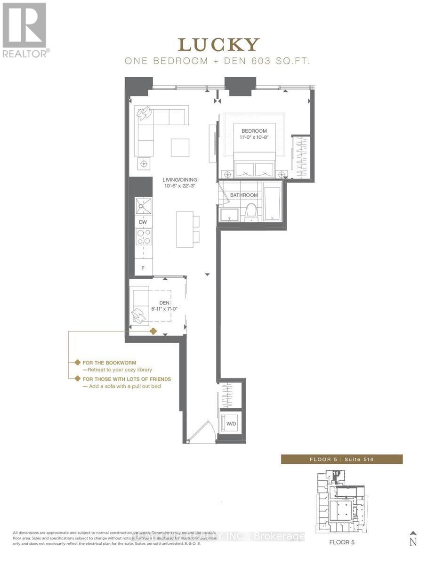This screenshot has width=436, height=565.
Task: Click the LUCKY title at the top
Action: pyautogui.click(x=218, y=45)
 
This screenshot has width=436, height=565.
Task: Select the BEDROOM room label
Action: pyautogui.click(x=254, y=131)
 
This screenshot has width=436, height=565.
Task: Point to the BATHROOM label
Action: pyautogui.click(x=244, y=195)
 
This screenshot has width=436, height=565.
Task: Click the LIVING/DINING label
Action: pyautogui.click(x=180, y=179)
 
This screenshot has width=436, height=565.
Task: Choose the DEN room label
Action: pyautogui.click(x=164, y=303)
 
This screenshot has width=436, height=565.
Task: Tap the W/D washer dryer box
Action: pyautogui.click(x=231, y=423)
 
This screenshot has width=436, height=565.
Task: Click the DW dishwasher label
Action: pyautogui.click(x=143, y=222)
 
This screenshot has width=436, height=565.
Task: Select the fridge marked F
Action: pyautogui.click(x=143, y=268)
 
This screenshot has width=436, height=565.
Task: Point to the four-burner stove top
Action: pyautogui.click(x=143, y=237)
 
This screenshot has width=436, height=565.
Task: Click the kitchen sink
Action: pyautogui.click(x=143, y=206)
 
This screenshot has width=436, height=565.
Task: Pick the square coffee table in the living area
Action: pyautogui.click(x=180, y=147)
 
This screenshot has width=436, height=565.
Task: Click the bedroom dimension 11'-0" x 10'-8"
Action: pyautogui.click(x=254, y=138)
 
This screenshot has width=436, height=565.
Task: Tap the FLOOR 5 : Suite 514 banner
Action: pyautogui.click(x=341, y=459)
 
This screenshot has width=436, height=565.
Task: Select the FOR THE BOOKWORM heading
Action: pyautogui.click(x=109, y=363)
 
